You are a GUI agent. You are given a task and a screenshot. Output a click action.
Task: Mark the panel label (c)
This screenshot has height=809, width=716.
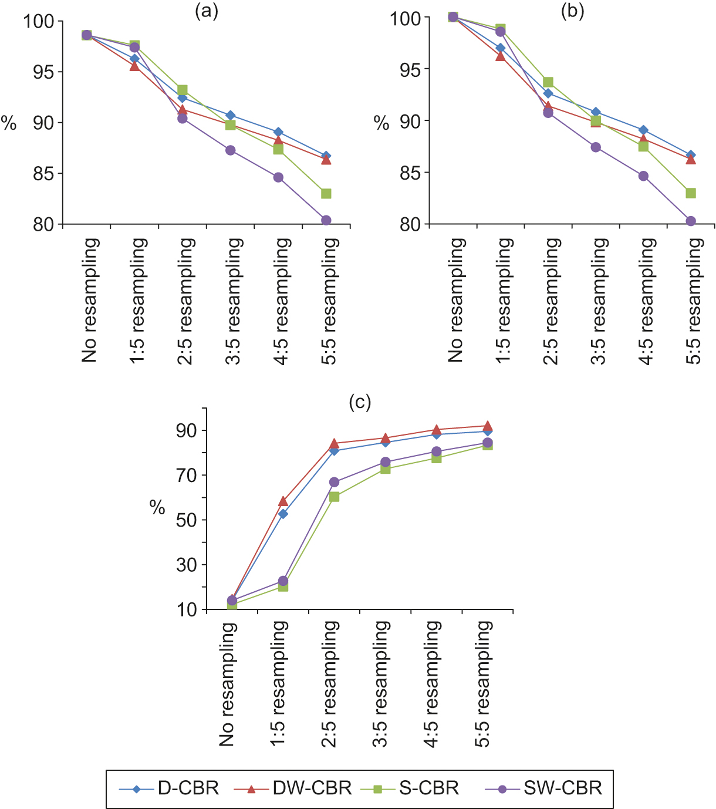point(360,402)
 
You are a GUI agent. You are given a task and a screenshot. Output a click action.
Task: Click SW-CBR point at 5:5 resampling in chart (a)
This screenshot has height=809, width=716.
point(326,220)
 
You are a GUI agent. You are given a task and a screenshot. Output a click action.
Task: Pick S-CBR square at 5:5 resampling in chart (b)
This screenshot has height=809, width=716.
point(691,193)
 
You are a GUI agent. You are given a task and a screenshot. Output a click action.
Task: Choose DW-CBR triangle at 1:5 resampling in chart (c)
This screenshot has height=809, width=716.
point(283,501)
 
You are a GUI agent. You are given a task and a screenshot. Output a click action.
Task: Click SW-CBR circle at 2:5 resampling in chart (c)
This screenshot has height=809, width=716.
point(334,482)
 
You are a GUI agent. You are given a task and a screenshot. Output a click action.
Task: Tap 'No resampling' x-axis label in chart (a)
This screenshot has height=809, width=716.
point(89,299)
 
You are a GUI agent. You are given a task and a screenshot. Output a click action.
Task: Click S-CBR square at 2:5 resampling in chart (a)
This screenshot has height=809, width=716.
point(182,90)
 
